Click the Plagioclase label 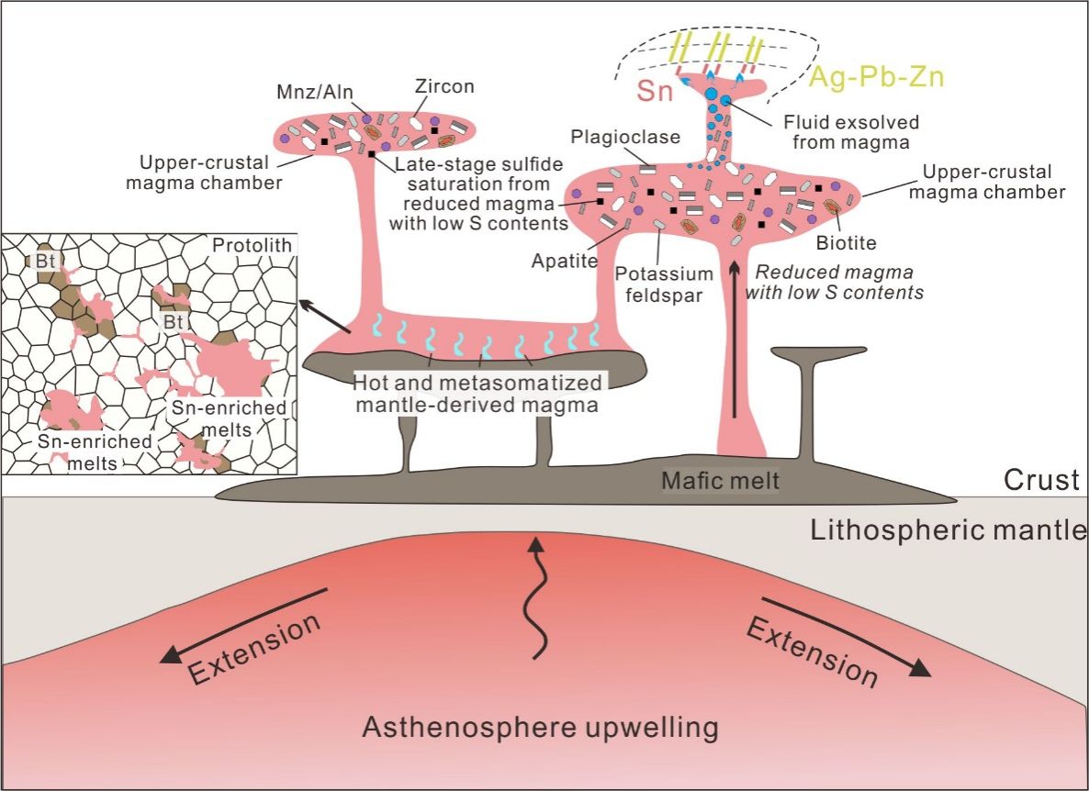(x=625, y=137)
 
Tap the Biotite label (x=845, y=243)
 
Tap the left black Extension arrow (x=242, y=625)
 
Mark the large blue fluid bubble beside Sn (x=726, y=100)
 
